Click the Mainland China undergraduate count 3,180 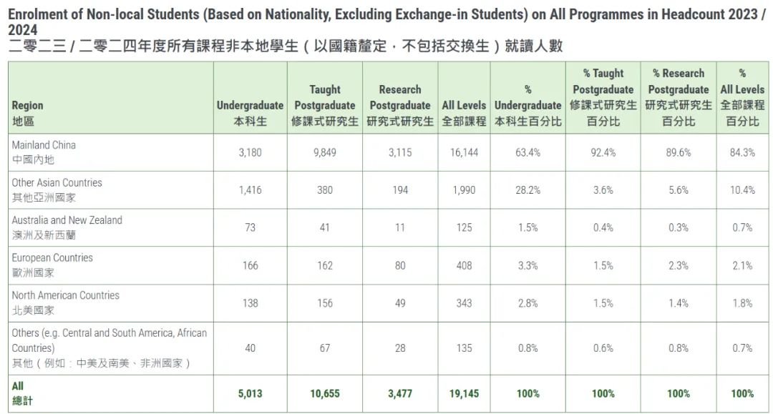[x=250, y=152]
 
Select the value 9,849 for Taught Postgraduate [x=325, y=152]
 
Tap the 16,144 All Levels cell [x=464, y=152]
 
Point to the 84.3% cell [x=742, y=152]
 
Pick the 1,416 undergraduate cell [x=250, y=190]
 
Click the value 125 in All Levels [x=464, y=228]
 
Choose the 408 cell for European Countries [x=464, y=266]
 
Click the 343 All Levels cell [x=464, y=303]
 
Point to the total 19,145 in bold [x=464, y=394]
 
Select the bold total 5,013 [x=250, y=394]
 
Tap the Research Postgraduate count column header [x=400, y=105]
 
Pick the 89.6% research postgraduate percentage [x=679, y=152]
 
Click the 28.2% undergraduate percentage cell [x=528, y=190]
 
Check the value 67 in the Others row [x=325, y=348]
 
